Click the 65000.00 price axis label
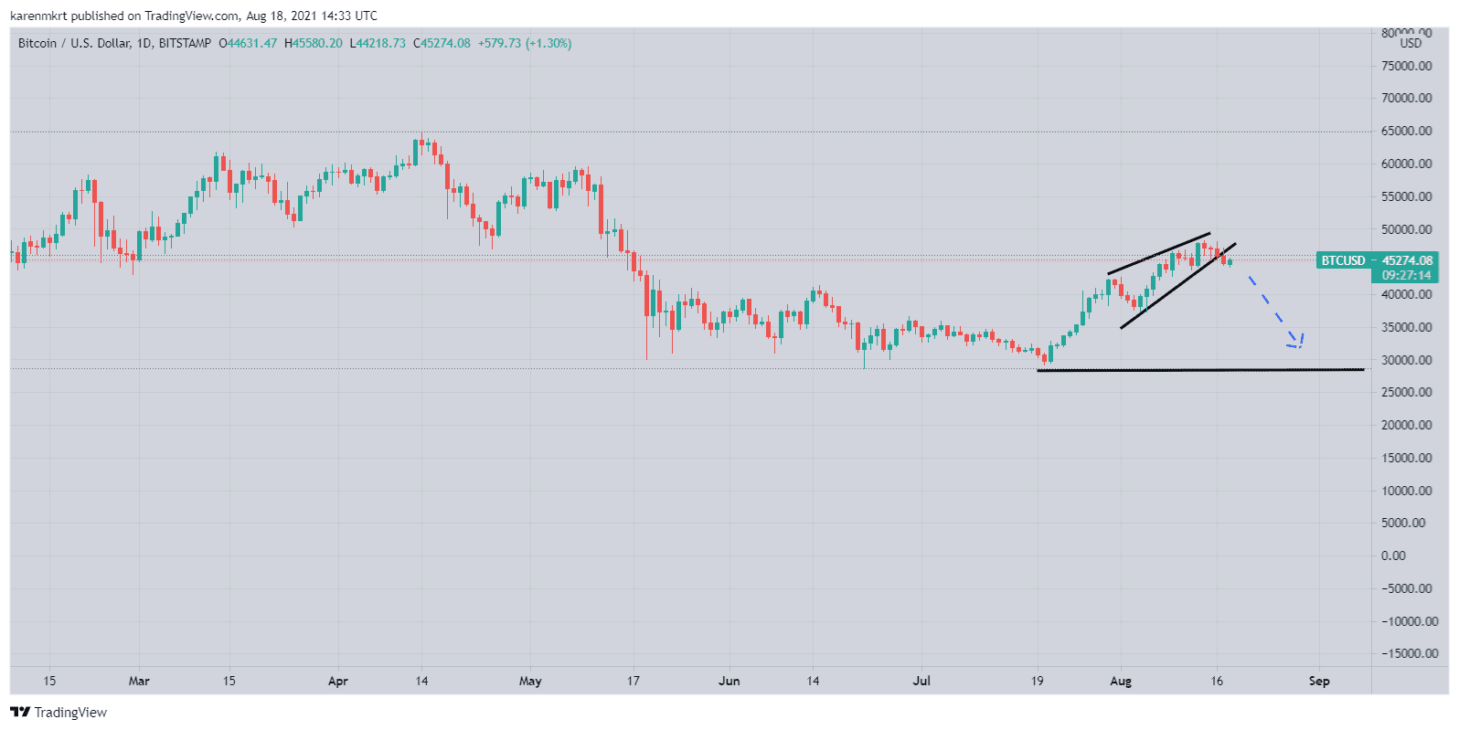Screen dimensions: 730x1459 1406,131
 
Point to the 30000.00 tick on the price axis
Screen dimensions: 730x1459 1406,360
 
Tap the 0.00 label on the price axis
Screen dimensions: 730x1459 1393,555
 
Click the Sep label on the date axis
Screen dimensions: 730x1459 1318,681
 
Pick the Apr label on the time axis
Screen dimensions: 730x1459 337,681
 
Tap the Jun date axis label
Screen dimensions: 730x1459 729,681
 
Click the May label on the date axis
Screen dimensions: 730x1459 530,681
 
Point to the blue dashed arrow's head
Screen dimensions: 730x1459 1297,343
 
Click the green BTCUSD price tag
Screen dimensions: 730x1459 1377,260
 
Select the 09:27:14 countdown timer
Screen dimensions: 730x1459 1406,275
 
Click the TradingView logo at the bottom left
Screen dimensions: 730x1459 59,713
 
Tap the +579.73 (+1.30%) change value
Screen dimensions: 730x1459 524,43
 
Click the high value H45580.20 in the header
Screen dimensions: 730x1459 314,43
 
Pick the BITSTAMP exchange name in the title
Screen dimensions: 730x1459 185,43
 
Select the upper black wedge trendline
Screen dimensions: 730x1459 1159,253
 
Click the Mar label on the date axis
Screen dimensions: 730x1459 139,681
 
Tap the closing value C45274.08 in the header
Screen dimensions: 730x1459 442,43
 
